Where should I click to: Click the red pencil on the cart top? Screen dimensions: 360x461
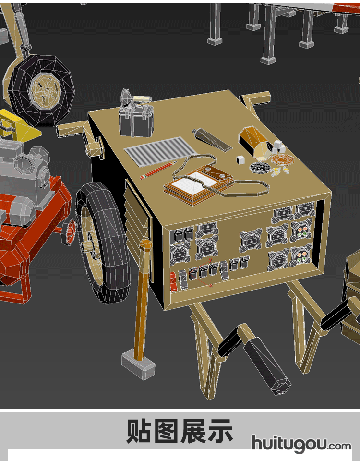(x=158, y=170)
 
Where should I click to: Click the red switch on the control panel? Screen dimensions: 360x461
(x=173, y=282)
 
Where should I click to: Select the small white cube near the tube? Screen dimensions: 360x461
(x=240, y=159)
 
